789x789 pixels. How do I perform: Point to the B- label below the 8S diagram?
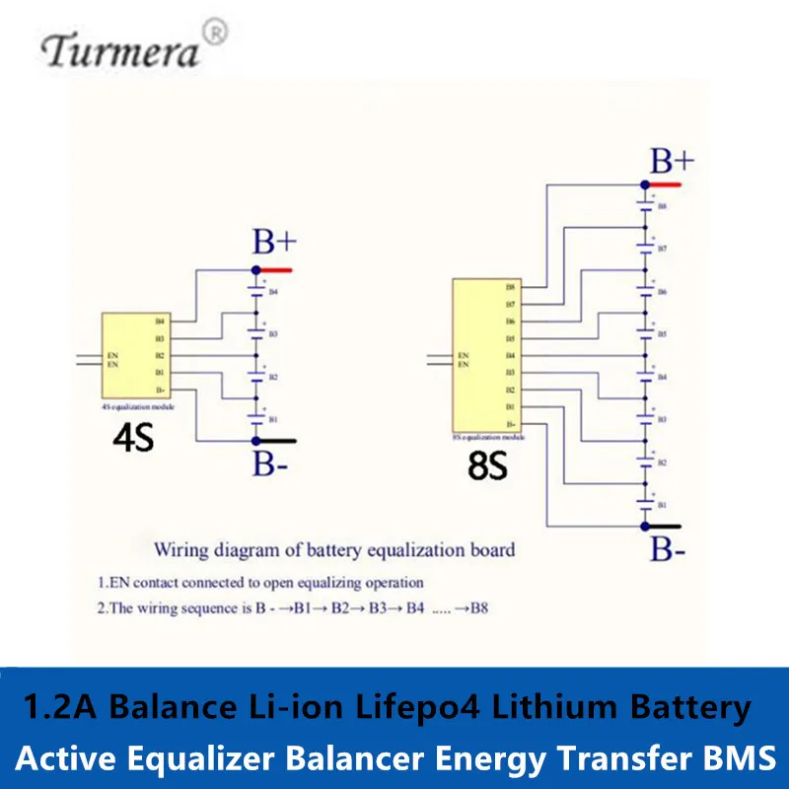point(668,549)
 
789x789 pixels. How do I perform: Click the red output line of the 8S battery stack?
point(664,184)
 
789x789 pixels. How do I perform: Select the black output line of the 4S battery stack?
point(276,441)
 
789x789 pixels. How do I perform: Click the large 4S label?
point(134,436)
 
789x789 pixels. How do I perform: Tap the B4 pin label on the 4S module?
point(160,322)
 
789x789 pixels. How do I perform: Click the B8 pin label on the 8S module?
point(510,288)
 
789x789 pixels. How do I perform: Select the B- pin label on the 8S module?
point(510,424)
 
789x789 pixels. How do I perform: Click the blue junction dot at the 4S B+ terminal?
point(255,269)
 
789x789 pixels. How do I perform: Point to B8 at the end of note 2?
point(478,609)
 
